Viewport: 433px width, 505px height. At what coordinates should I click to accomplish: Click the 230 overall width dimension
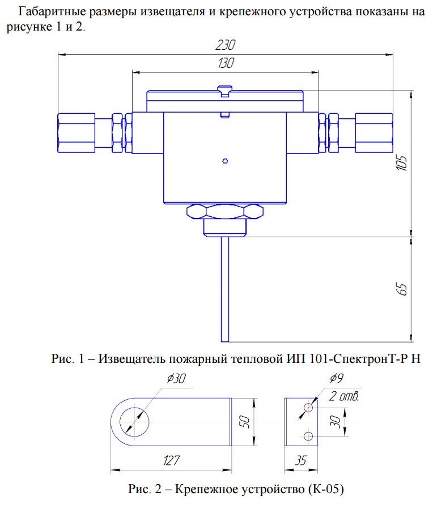pos(225,45)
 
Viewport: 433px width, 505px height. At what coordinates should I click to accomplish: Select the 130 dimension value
pos(225,63)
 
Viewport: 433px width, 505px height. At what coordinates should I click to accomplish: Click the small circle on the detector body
pos(225,161)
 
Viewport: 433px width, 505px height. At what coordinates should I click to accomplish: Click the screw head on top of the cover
pos(224,89)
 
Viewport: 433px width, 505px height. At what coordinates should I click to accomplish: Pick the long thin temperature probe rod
pos(225,289)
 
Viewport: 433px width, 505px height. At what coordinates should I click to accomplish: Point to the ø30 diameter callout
pos(176,380)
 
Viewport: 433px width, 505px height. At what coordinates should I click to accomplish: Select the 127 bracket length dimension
pos(171,461)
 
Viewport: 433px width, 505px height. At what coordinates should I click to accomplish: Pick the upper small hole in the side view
pos(308,408)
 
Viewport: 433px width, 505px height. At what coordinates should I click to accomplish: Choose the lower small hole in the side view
pos(308,435)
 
